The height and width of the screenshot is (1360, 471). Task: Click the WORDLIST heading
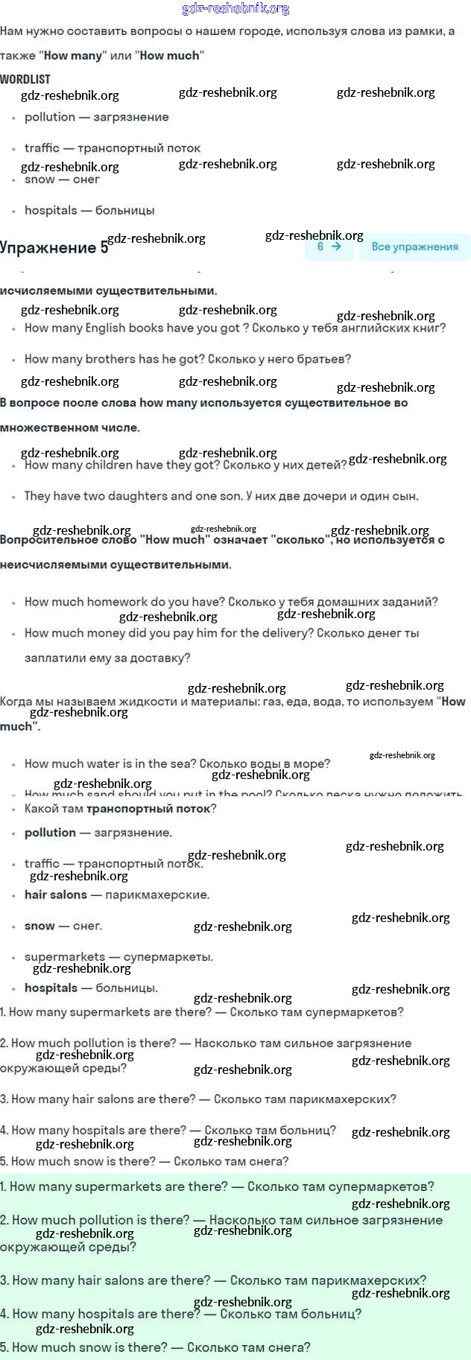[25, 79]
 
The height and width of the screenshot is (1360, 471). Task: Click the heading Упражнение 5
[54, 248]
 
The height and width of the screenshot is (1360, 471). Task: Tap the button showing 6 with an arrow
[329, 247]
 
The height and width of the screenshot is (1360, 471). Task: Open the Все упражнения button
[414, 247]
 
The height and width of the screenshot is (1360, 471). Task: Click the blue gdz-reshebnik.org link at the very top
[235, 9]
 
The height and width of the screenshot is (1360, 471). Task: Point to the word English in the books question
[106, 328]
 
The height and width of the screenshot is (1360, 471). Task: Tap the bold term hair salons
[55, 895]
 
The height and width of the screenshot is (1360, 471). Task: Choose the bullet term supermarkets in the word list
[65, 956]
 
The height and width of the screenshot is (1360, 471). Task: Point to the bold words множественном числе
[69, 428]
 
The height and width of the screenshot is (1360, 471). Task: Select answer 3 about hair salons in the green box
[213, 1280]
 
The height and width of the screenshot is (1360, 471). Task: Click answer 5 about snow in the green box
[155, 1347]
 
